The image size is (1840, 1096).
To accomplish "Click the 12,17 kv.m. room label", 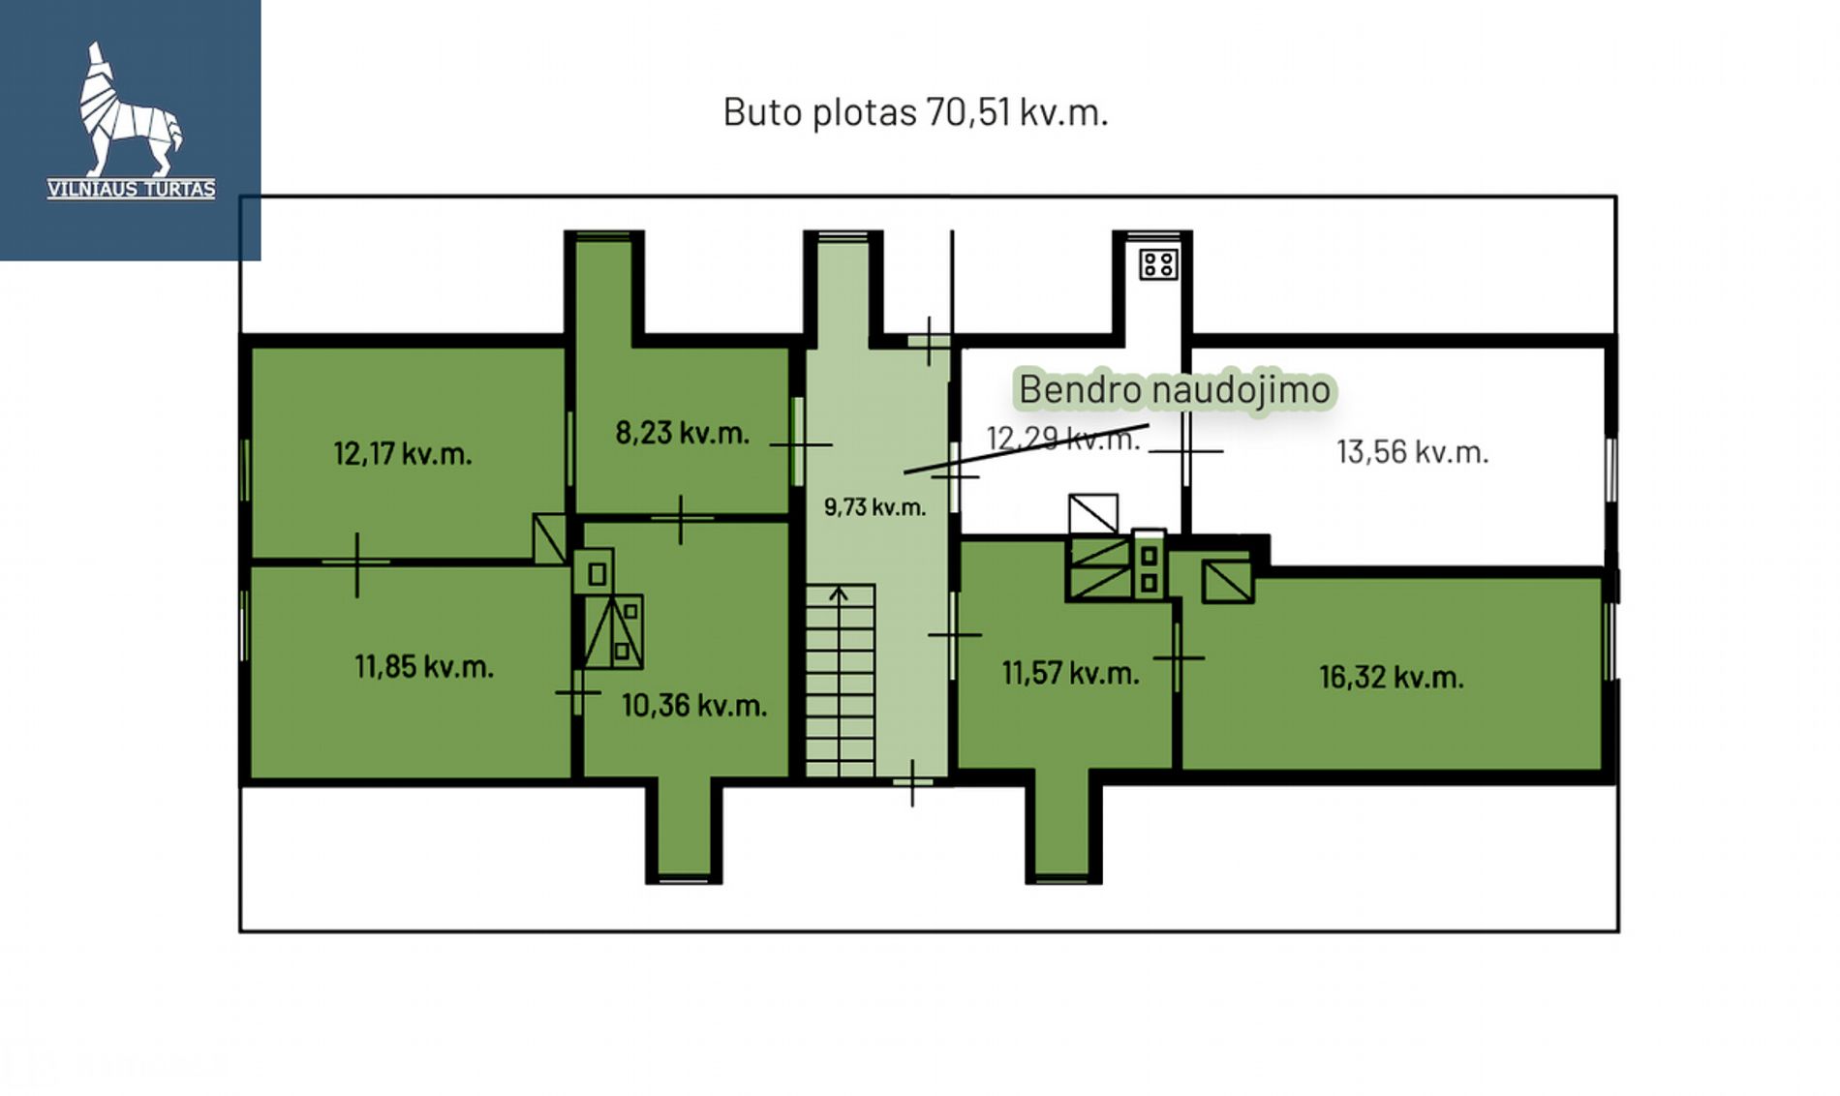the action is click(402, 453).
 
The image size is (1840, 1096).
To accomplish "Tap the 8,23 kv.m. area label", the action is click(683, 432).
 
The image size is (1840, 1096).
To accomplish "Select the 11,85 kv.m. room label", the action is click(424, 666).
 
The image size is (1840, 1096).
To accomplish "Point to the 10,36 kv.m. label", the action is click(694, 705).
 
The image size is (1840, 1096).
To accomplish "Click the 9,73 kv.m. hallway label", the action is click(874, 506).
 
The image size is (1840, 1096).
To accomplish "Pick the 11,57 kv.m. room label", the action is click(1070, 673).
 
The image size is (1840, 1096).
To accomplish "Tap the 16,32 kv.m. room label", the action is click(1391, 677).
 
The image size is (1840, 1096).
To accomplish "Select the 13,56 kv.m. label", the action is click(1413, 452).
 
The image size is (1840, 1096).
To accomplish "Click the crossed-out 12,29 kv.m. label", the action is click(1063, 439).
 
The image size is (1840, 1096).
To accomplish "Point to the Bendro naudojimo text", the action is click(1175, 389).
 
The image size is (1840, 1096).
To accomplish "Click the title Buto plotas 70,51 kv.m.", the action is click(915, 112).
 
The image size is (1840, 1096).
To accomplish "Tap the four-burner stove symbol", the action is click(1158, 264).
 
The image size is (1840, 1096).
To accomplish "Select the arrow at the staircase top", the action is click(839, 594).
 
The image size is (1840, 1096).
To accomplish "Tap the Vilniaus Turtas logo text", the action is click(131, 189).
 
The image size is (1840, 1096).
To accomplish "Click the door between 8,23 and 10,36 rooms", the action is click(682, 519).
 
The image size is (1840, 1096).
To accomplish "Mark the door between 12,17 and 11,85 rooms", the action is click(356, 563).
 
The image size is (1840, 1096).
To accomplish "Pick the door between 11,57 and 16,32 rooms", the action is click(1178, 657).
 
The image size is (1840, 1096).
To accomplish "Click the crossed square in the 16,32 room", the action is click(1227, 581).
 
